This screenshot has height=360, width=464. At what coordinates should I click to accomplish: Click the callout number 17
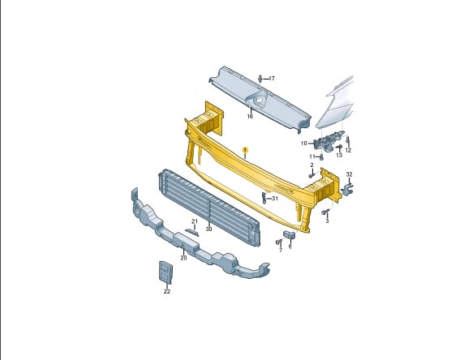272,79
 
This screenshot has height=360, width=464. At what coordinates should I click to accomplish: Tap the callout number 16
250,117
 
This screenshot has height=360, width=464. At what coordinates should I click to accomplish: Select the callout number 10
304,144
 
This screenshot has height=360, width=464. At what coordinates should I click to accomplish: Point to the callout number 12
348,150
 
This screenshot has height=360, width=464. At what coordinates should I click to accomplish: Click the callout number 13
339,155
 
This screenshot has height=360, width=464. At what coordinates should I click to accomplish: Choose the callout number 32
350,174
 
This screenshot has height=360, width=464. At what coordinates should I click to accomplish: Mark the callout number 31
274,198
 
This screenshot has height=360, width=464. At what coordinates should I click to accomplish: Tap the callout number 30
208,229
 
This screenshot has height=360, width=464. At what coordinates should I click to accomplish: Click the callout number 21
195,221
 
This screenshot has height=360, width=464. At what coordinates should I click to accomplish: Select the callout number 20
183,258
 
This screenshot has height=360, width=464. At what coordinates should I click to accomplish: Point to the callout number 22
166,291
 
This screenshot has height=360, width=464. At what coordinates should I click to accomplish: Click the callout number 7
280,250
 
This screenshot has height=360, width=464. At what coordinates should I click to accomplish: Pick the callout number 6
290,246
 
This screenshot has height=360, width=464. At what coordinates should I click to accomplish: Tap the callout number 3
327,220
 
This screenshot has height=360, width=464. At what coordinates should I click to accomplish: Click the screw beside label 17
260,78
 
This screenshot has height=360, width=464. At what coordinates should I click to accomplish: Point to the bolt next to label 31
264,197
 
